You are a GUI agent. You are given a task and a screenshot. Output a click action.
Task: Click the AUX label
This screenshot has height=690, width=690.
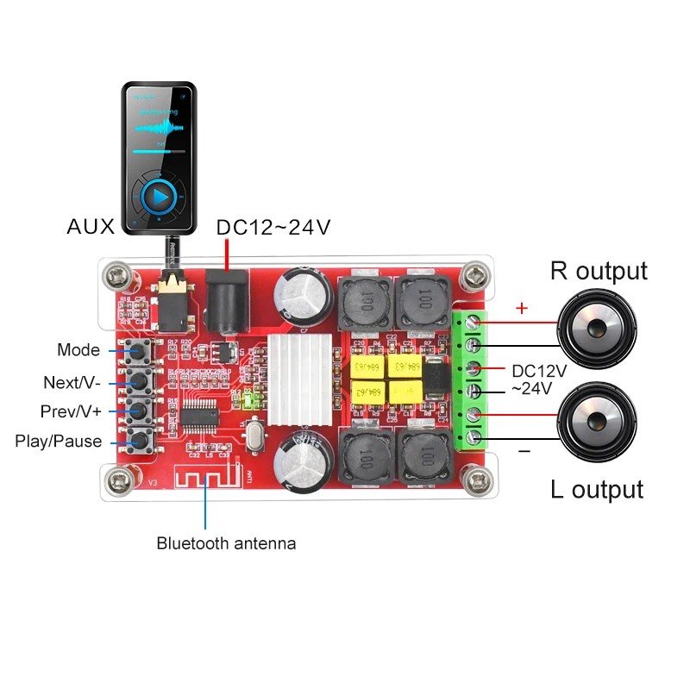91,228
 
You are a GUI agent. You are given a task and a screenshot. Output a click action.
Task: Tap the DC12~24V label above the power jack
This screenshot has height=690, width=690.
273,228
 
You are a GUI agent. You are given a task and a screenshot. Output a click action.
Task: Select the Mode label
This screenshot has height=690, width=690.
78,350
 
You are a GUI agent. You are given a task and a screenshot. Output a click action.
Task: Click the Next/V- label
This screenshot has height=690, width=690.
72,381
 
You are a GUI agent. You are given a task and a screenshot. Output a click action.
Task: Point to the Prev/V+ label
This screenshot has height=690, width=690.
72,411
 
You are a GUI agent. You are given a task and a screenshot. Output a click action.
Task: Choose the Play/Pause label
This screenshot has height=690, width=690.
59,442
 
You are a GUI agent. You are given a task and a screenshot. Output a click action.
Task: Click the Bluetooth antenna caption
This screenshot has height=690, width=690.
226,543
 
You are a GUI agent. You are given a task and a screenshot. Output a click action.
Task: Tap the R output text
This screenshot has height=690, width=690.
599,271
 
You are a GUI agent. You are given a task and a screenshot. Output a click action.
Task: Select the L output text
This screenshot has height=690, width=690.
597,490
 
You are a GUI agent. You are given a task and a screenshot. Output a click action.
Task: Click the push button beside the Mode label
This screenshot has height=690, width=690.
138,350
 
